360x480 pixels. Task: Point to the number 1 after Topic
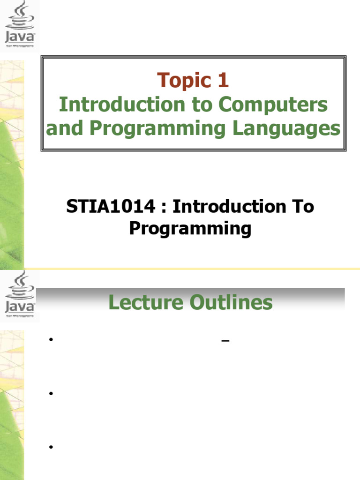coord(222,81)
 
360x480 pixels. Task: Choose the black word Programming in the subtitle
coord(190,229)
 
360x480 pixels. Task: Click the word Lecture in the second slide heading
coord(146,303)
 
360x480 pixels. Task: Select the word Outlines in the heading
coord(231,303)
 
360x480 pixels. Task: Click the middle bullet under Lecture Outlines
coord(50,394)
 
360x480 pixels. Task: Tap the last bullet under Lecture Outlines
coord(50,447)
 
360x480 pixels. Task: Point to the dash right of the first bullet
coord(225,341)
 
